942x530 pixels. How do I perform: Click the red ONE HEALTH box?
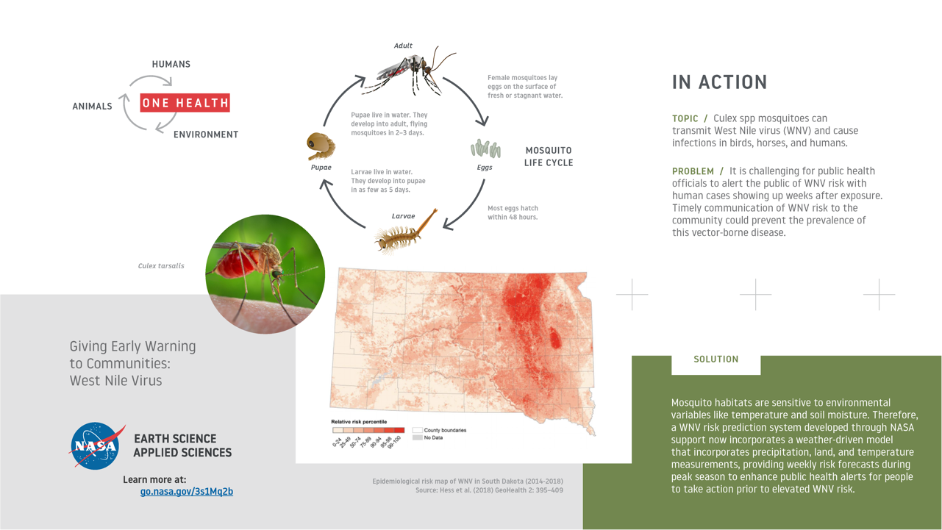click(185, 103)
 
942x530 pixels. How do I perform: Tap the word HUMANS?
click(171, 64)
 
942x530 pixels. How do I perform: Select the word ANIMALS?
click(92, 107)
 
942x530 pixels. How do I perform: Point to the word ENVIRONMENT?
click(206, 135)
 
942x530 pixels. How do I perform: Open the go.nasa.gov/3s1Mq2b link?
click(187, 491)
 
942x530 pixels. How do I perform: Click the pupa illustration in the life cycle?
click(321, 146)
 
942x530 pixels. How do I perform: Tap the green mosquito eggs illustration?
click(486, 148)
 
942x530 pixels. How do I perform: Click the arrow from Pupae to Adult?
click(340, 98)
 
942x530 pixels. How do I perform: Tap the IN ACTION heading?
click(719, 82)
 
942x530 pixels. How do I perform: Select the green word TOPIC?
click(685, 118)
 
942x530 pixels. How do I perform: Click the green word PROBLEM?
click(693, 171)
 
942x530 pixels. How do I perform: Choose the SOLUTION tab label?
click(716, 359)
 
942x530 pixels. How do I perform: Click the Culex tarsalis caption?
click(161, 265)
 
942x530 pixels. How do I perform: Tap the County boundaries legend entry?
click(440, 430)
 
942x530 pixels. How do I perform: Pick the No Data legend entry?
click(428, 437)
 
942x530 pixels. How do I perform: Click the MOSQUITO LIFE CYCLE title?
click(549, 157)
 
